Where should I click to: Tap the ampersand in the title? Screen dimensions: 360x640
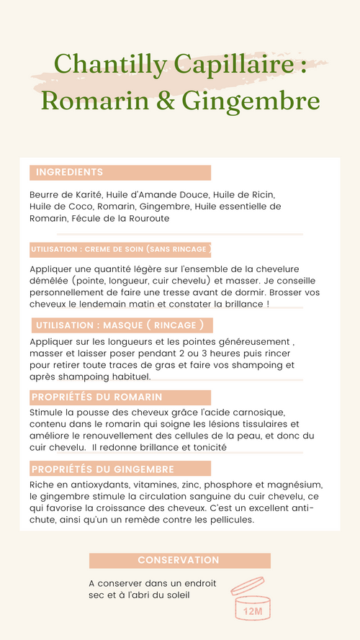[166, 99]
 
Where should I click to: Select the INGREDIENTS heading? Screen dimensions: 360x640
[69, 173]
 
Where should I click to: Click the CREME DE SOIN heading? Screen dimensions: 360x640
[121, 250]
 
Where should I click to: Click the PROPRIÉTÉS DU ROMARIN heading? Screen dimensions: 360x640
[96, 397]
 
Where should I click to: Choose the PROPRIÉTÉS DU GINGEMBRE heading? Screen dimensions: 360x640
[102, 469]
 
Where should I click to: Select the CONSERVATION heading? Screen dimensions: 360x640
[179, 560]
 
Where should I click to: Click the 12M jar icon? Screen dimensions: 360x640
[252, 599]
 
